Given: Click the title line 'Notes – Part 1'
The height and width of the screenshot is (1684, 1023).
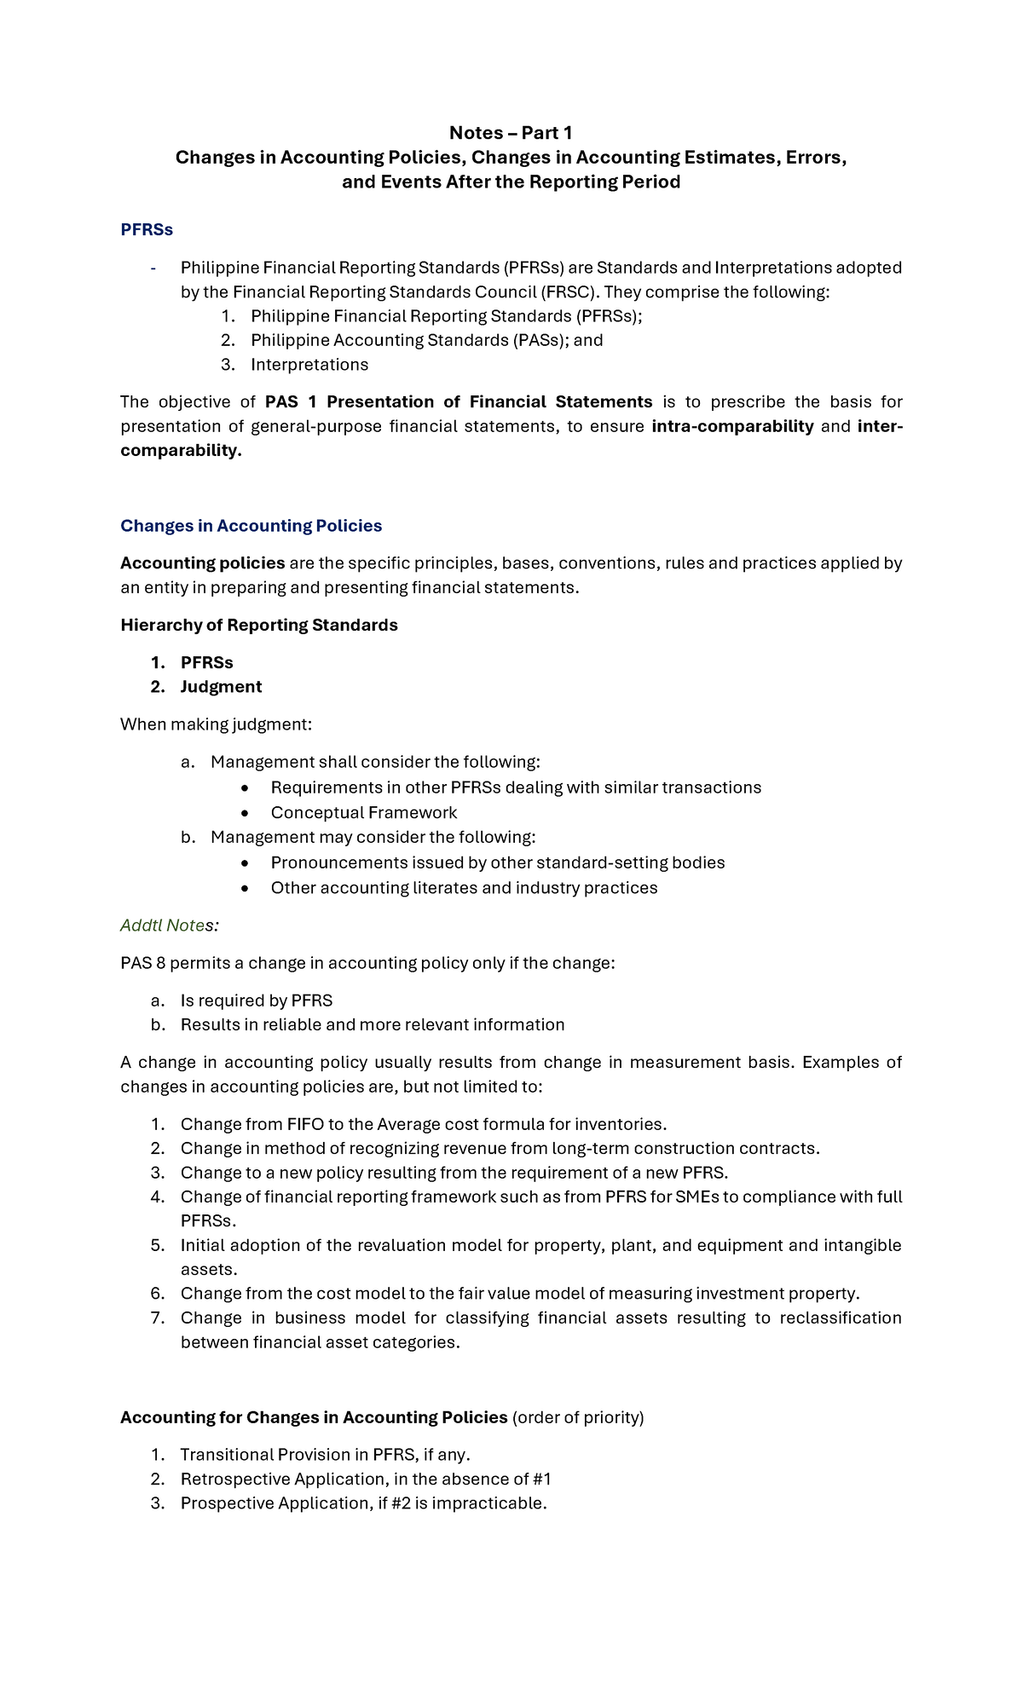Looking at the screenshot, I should [x=511, y=133].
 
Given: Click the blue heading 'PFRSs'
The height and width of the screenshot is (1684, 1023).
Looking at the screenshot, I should [x=147, y=229].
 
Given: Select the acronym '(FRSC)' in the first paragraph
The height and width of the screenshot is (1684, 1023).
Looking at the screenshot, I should [x=569, y=292].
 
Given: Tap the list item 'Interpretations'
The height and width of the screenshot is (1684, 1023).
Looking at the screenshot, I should [x=309, y=365].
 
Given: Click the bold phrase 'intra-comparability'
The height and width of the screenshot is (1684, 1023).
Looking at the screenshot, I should [x=732, y=426].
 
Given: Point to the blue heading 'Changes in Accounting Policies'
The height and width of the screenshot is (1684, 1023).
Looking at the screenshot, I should [x=251, y=526].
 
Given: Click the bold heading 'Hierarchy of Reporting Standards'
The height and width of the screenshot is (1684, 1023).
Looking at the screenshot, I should [x=259, y=625].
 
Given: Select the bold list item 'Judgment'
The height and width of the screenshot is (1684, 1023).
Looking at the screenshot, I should [x=221, y=687].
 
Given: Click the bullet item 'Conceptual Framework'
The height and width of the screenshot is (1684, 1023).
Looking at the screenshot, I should [x=364, y=813].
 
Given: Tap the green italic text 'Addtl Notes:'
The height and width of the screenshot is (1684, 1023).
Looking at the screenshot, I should [x=170, y=926].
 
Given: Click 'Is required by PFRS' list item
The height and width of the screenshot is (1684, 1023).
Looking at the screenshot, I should [x=257, y=1001].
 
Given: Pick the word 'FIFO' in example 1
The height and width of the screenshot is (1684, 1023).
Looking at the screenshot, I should [x=305, y=1124].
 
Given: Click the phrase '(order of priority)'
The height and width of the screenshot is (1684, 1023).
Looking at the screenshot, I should [x=578, y=1417].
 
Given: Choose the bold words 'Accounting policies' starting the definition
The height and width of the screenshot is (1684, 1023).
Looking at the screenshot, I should [x=202, y=563].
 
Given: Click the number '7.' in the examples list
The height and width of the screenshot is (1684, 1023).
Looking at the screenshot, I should [x=158, y=1318].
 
